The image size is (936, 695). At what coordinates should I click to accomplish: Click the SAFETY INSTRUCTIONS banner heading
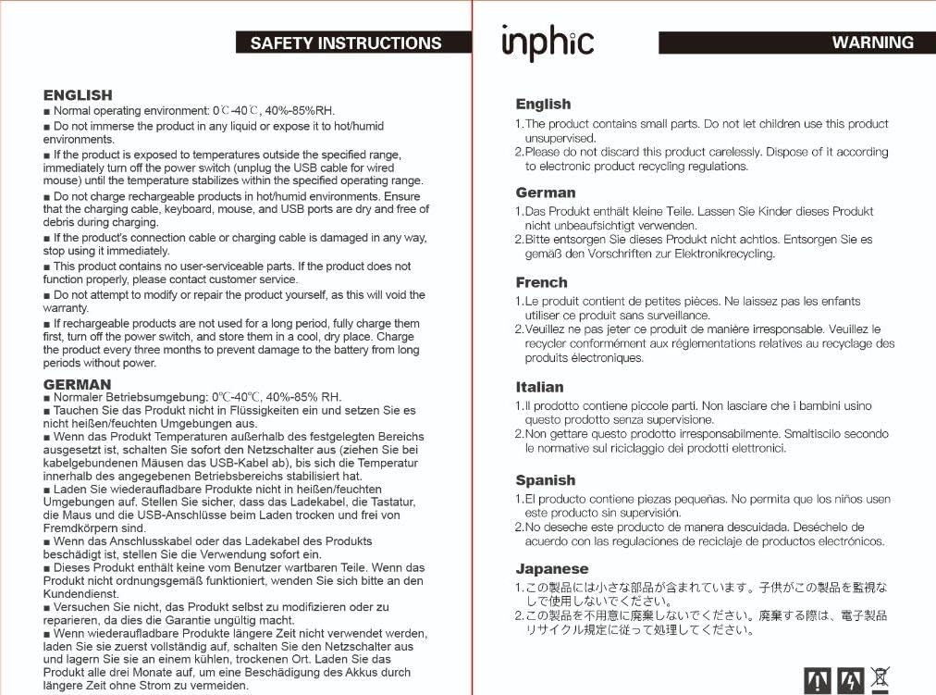(x=346, y=43)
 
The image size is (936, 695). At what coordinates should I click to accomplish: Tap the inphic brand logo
(x=547, y=43)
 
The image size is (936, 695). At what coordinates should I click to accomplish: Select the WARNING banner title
(x=872, y=43)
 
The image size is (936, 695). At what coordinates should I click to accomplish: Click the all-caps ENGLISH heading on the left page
(x=78, y=94)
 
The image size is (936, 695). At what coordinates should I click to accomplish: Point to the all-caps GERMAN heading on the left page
(x=77, y=384)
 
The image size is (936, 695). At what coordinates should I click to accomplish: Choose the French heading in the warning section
(x=541, y=282)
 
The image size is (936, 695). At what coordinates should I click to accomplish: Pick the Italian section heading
(x=539, y=387)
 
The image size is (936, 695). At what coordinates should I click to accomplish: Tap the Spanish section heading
(x=545, y=480)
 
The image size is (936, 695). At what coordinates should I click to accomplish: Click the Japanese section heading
(x=551, y=568)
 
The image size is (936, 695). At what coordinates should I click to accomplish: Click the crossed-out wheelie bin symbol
(x=881, y=679)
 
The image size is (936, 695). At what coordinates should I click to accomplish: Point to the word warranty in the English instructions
(x=66, y=308)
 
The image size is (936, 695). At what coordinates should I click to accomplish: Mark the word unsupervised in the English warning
(x=560, y=138)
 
